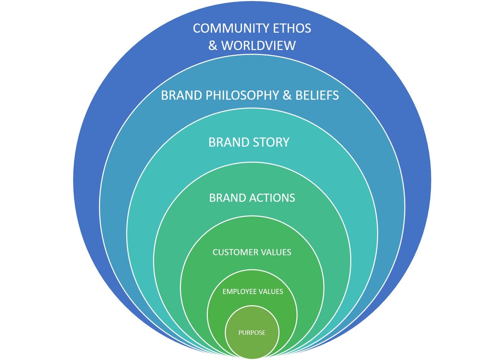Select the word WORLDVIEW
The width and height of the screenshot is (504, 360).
point(258,46)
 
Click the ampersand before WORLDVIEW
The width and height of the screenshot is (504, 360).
point(213,46)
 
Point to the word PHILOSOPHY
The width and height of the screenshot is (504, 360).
point(242,95)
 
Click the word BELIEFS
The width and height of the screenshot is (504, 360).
point(317,95)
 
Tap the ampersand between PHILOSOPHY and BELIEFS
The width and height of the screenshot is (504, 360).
point(287,95)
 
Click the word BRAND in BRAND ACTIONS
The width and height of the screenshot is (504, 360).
point(227,198)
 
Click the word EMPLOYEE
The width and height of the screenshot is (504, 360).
point(239,292)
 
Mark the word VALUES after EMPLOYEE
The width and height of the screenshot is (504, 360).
point(270,292)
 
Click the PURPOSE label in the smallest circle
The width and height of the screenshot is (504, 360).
point(252,333)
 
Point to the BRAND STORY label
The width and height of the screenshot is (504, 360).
point(249,142)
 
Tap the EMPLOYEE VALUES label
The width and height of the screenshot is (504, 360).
point(253,292)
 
